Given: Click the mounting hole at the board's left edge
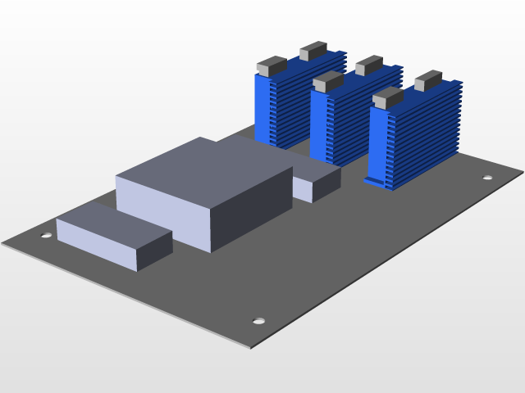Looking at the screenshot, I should tap(47, 236).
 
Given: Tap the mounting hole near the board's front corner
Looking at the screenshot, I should tap(259, 321).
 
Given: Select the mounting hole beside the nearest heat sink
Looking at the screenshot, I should tap(487, 178).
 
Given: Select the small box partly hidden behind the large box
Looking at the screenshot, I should tap(316, 181).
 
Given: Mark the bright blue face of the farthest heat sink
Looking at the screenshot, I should tap(263, 111).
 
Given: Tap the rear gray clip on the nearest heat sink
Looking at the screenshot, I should tap(428, 80).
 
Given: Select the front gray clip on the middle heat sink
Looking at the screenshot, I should tap(327, 81).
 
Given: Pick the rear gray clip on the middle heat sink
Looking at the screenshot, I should tap(369, 65).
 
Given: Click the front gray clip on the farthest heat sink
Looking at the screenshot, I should tap(271, 65).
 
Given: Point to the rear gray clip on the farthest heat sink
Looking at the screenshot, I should tap(313, 51).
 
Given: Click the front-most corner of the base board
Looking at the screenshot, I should tap(250, 348).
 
